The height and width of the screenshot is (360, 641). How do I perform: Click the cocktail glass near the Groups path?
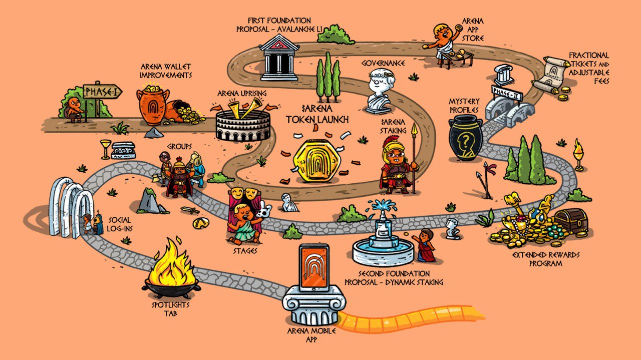coord(105,148)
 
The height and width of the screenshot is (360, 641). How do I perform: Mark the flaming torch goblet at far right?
coord(579,155)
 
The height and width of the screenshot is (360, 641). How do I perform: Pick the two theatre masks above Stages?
coord(242,192)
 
